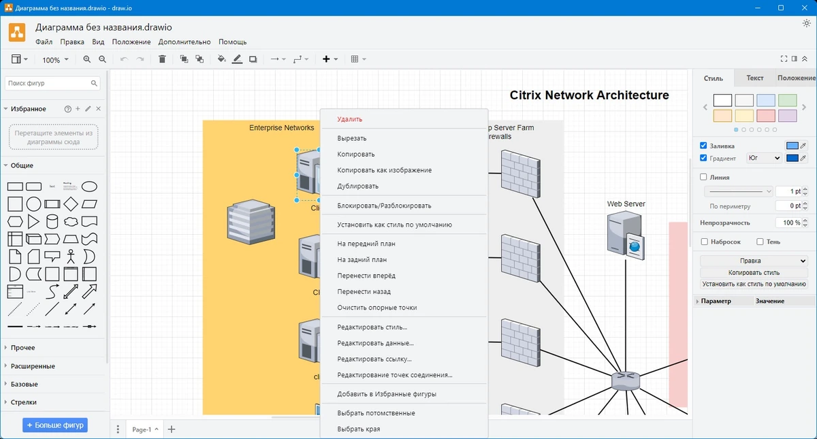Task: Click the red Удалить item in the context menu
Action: [x=349, y=119]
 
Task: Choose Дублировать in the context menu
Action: [x=357, y=186]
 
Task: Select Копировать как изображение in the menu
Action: [x=384, y=170]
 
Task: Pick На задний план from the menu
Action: [x=362, y=259]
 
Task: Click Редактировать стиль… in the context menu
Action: [x=372, y=327]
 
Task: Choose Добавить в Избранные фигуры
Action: [x=386, y=394]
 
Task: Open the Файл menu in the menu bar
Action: [x=44, y=42]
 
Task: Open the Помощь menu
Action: [x=232, y=42]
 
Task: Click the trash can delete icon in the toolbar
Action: [x=162, y=59]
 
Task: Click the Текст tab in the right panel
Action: [x=754, y=78]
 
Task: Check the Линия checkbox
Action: [x=703, y=177]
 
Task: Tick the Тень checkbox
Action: [x=760, y=242]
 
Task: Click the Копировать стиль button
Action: [x=754, y=273]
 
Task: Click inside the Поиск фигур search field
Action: [x=48, y=83]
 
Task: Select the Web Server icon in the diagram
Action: [x=626, y=235]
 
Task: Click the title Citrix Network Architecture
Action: [x=589, y=95]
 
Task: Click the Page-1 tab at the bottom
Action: [x=142, y=429]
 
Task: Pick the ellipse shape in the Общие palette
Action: [x=89, y=186]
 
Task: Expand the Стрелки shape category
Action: [x=23, y=402]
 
